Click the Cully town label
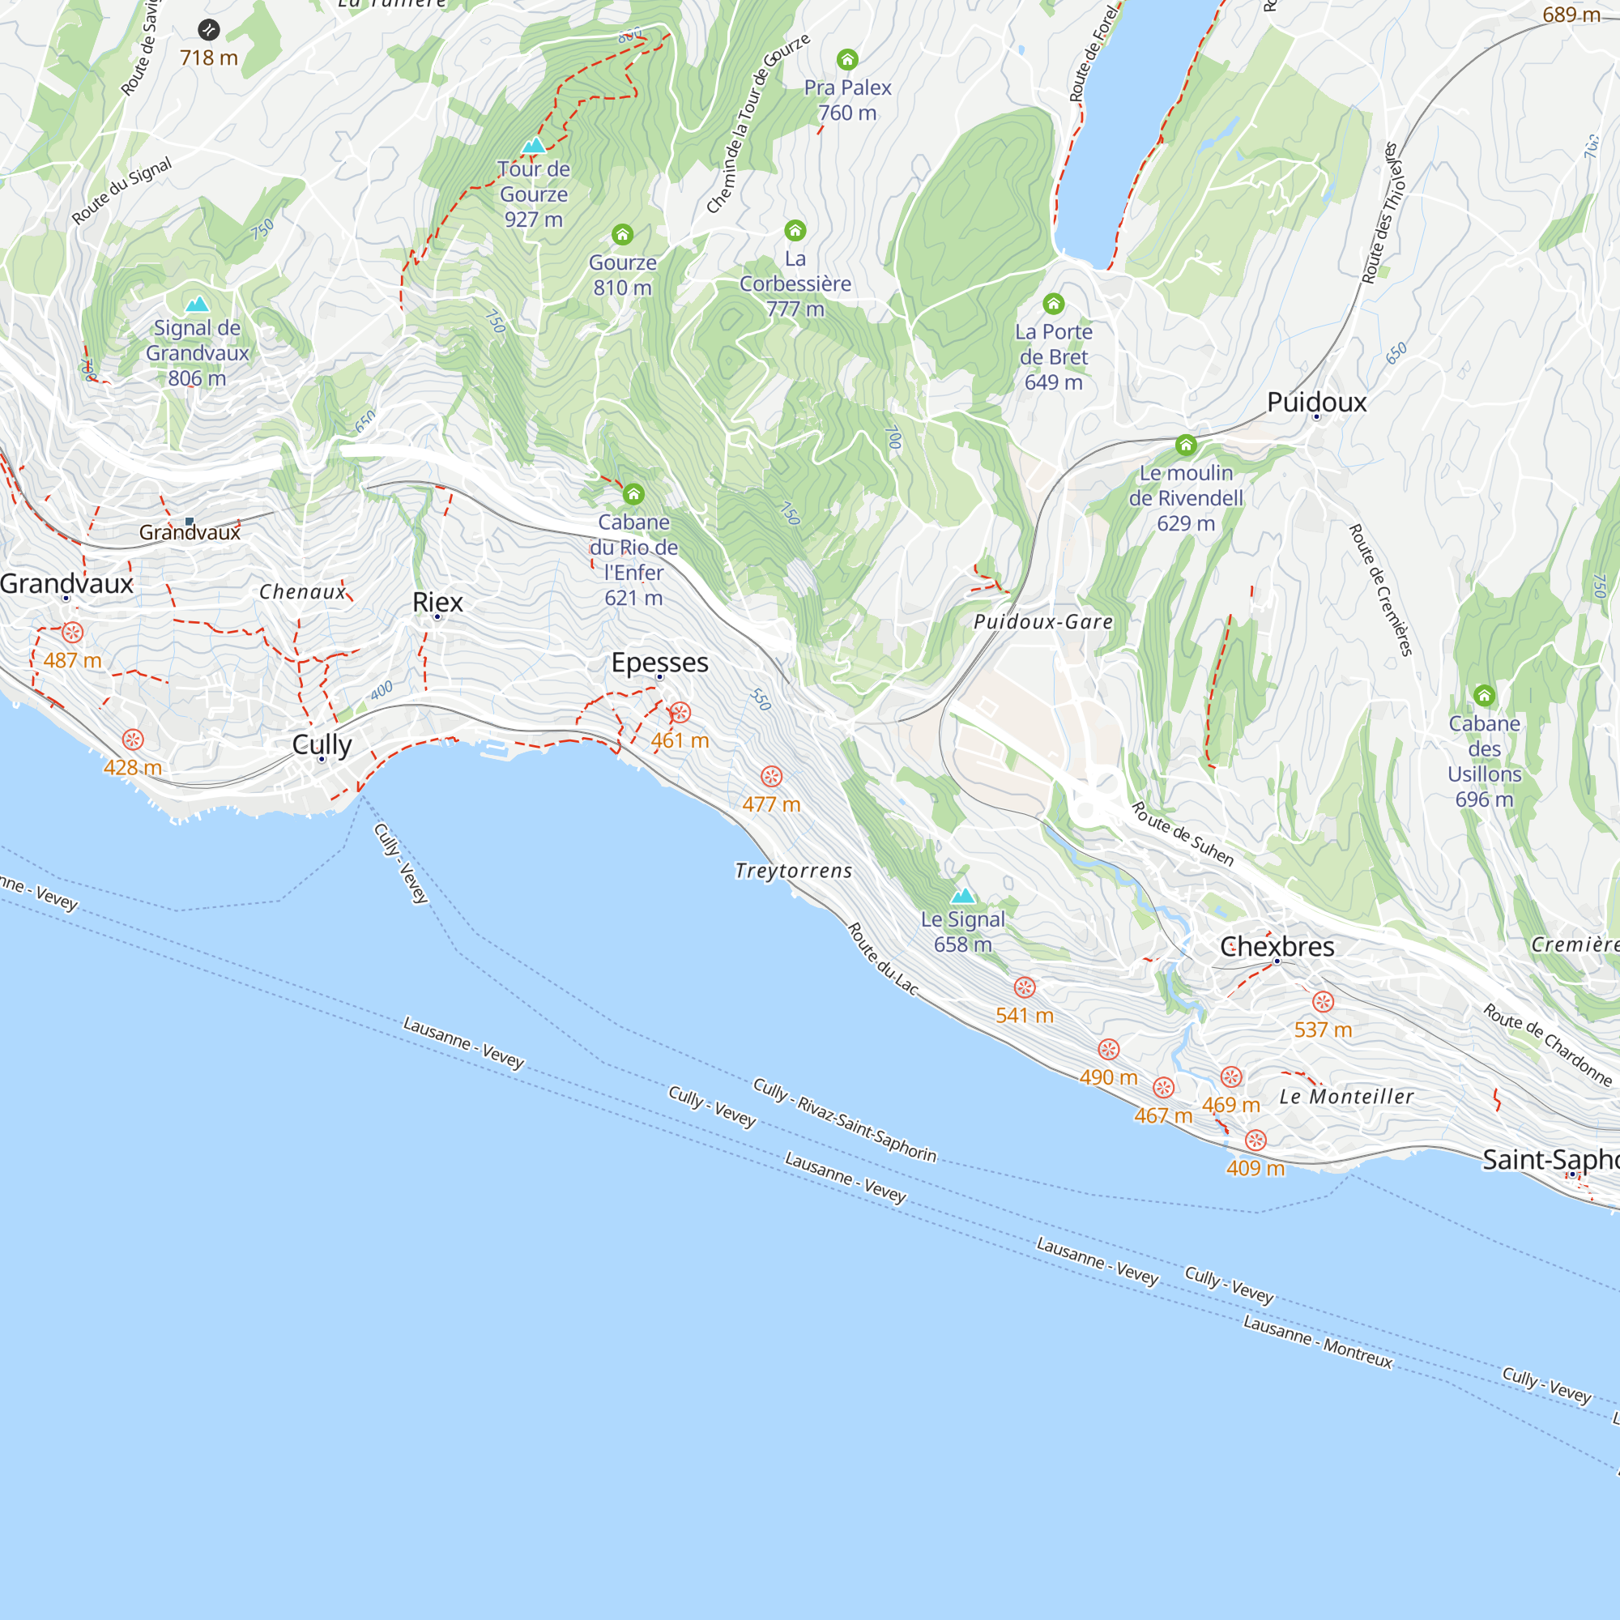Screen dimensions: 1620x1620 pos(322,744)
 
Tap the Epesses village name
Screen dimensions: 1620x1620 pos(660,663)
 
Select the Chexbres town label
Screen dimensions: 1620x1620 pos(1277,947)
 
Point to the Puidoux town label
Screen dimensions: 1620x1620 pos(1316,403)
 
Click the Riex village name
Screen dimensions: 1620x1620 pos(437,602)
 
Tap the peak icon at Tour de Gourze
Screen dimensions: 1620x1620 pos(533,146)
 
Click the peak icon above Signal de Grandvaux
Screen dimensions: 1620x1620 pos(197,305)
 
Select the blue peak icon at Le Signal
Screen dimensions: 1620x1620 pos(962,896)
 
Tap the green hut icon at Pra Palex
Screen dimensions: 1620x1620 pos(848,59)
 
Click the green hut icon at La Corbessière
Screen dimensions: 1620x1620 pos(795,231)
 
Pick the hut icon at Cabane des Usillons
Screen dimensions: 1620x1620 pos(1484,695)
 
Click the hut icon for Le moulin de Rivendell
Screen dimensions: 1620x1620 pos(1186,446)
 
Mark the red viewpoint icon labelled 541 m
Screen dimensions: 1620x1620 pos(1025,987)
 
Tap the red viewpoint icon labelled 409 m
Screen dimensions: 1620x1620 pos(1255,1140)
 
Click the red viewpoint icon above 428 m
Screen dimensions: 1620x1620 pos(133,740)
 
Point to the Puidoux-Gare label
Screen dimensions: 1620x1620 pos(1043,621)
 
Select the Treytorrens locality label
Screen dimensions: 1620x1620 pos(793,872)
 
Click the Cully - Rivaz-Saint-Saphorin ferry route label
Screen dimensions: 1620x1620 pos(844,1120)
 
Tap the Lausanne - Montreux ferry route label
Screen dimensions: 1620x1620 pos(1317,1341)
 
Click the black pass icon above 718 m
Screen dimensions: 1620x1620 pos(209,30)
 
